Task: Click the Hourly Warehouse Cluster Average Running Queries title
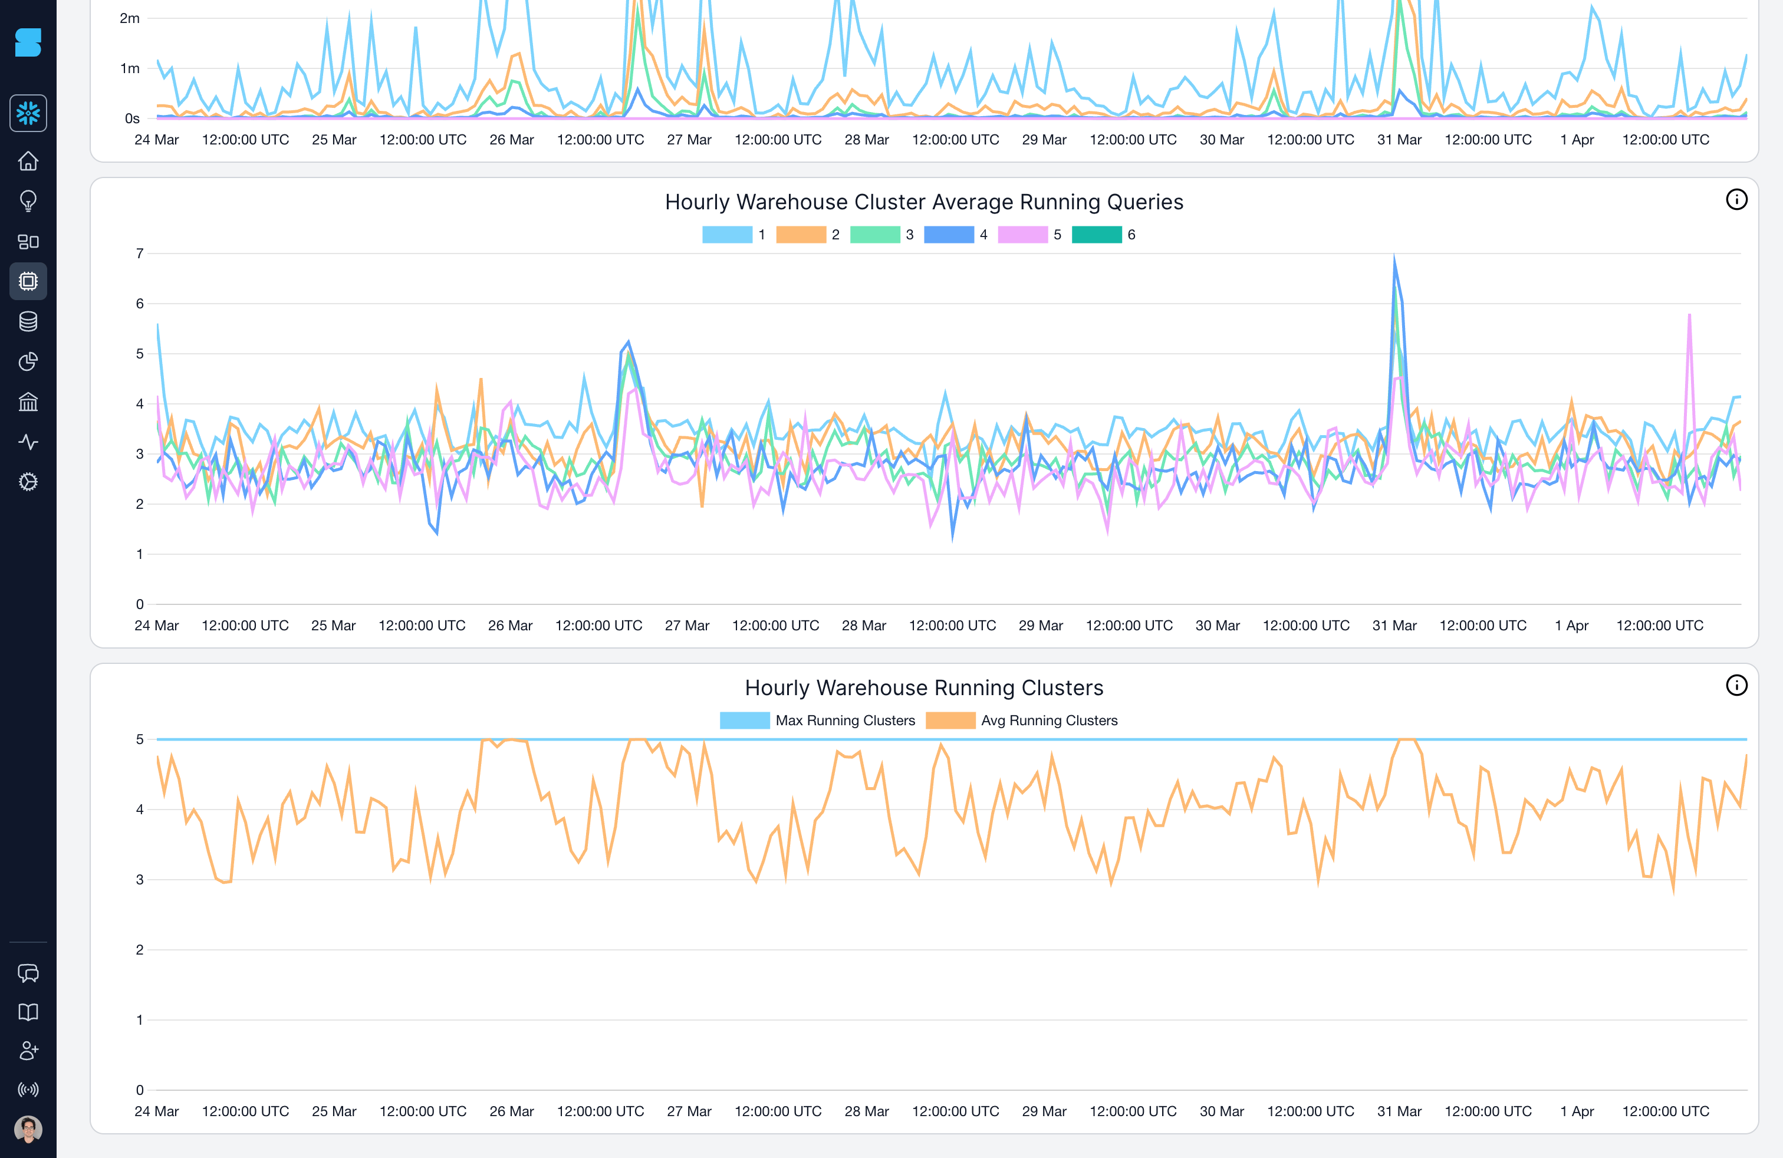tap(924, 202)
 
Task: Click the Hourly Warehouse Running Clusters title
tap(924, 687)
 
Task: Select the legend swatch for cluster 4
tap(949, 235)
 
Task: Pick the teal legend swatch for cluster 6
tap(1096, 235)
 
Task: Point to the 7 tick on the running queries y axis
tap(139, 254)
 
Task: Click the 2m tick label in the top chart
tap(130, 18)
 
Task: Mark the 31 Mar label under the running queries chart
tap(1393, 626)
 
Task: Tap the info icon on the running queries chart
tap(1736, 200)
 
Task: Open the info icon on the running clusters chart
tap(1736, 685)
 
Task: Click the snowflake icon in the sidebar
tap(28, 114)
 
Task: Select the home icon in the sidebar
tap(28, 161)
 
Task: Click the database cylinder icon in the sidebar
tap(28, 322)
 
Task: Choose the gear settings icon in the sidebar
tap(28, 482)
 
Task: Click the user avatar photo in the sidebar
tap(28, 1129)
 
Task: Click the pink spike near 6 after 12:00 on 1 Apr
tap(1689, 316)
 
